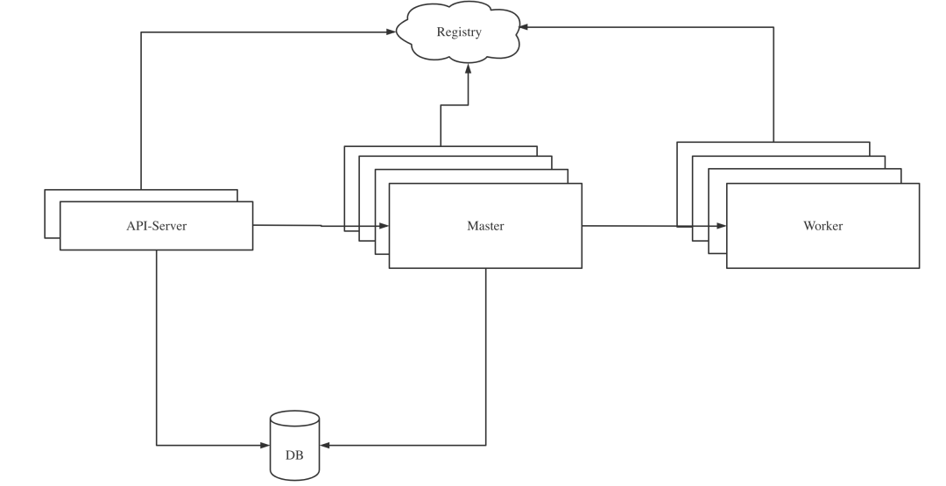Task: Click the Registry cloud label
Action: tap(459, 32)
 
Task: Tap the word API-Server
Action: tap(156, 226)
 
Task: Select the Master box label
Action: tap(485, 226)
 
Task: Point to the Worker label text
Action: tap(822, 226)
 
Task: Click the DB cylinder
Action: tap(294, 446)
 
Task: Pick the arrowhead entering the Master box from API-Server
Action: tap(384, 226)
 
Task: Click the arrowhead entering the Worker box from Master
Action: tap(721, 226)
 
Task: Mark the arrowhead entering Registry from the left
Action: tap(391, 32)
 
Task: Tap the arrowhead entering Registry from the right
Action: tap(524, 27)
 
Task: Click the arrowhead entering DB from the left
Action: tap(265, 446)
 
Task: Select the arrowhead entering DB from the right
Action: tap(325, 446)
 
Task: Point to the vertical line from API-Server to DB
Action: tap(157, 348)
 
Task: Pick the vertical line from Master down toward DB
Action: tap(485, 357)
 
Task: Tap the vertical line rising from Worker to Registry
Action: tap(773, 84)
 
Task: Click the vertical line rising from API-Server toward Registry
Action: tap(141, 111)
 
